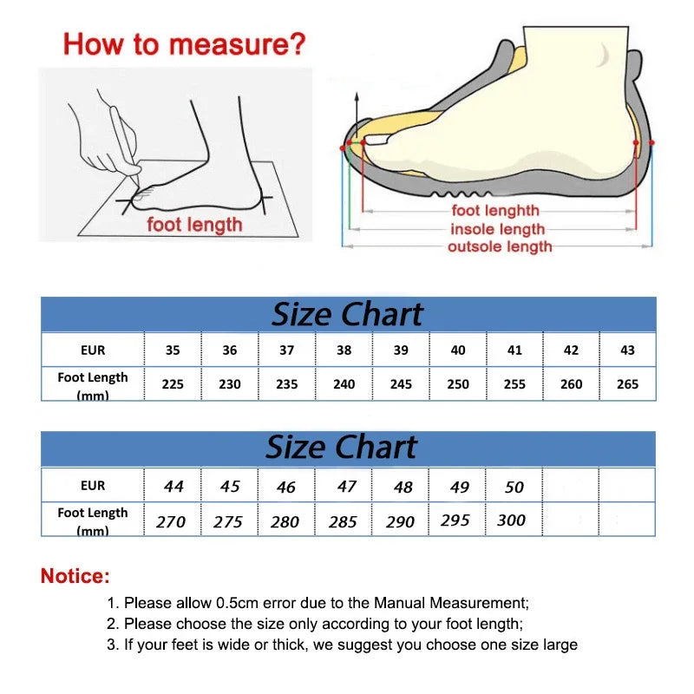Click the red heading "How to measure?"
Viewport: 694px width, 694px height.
pyautogui.click(x=184, y=43)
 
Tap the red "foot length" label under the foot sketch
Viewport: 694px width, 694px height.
pyautogui.click(x=194, y=225)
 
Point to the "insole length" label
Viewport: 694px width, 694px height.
pyautogui.click(x=497, y=229)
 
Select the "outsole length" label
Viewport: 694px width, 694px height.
pyautogui.click(x=500, y=247)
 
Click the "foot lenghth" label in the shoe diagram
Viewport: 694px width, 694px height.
pyautogui.click(x=495, y=211)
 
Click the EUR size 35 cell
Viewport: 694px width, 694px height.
pyautogui.click(x=173, y=350)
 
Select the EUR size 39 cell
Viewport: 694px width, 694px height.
pyautogui.click(x=401, y=350)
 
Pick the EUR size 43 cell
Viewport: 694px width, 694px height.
pyautogui.click(x=627, y=350)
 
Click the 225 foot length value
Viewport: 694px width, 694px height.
pyautogui.click(x=173, y=383)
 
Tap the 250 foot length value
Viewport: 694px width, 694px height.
pyautogui.click(x=458, y=383)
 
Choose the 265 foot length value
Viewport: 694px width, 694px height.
pyautogui.click(x=627, y=383)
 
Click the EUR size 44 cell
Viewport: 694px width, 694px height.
pyautogui.click(x=173, y=487)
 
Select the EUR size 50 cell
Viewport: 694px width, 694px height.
pyautogui.click(x=514, y=487)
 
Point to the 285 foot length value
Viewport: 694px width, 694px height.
pyautogui.click(x=345, y=521)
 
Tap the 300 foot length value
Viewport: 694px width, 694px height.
pyautogui.click(x=512, y=520)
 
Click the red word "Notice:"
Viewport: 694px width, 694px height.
pyautogui.click(x=75, y=575)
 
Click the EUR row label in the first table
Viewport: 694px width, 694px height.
pyautogui.click(x=93, y=350)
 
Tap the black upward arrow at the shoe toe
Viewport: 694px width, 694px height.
pyautogui.click(x=355, y=108)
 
